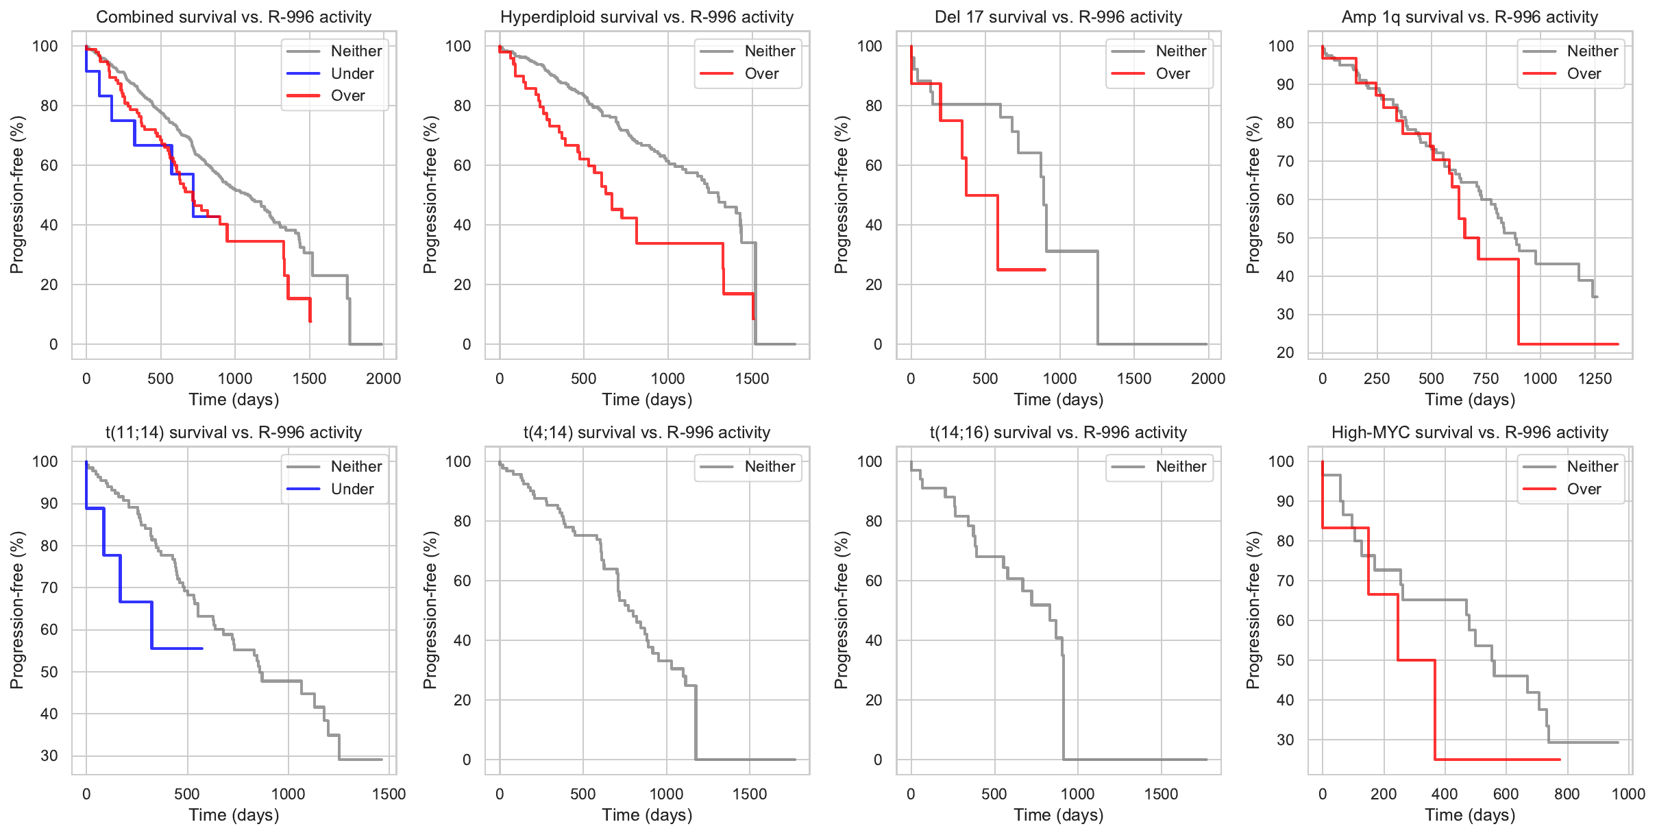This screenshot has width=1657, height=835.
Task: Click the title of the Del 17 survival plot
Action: pyautogui.click(x=1058, y=16)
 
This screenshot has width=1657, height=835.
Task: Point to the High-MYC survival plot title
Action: pyautogui.click(x=1469, y=433)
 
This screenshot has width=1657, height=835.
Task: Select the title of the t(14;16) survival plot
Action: pyautogui.click(x=1058, y=433)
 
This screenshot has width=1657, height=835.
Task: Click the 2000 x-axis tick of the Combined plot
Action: pyautogui.click(x=383, y=378)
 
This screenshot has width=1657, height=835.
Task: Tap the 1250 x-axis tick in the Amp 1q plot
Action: pyautogui.click(x=1595, y=378)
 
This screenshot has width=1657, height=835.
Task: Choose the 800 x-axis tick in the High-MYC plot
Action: pyautogui.click(x=1567, y=794)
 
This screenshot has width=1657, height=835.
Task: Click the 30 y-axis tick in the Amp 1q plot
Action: pyautogui.click(x=1285, y=315)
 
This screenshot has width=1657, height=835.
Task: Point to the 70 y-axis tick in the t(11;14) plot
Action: pyautogui.click(x=49, y=588)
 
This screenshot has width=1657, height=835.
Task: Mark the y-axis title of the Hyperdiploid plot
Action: pyautogui.click(x=430, y=195)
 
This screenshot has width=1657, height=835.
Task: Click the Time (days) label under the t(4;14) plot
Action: pyautogui.click(x=647, y=814)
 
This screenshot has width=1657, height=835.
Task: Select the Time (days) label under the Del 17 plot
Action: pyautogui.click(x=1058, y=399)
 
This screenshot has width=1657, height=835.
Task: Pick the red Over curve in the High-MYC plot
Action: pyautogui.click(x=1416, y=660)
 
